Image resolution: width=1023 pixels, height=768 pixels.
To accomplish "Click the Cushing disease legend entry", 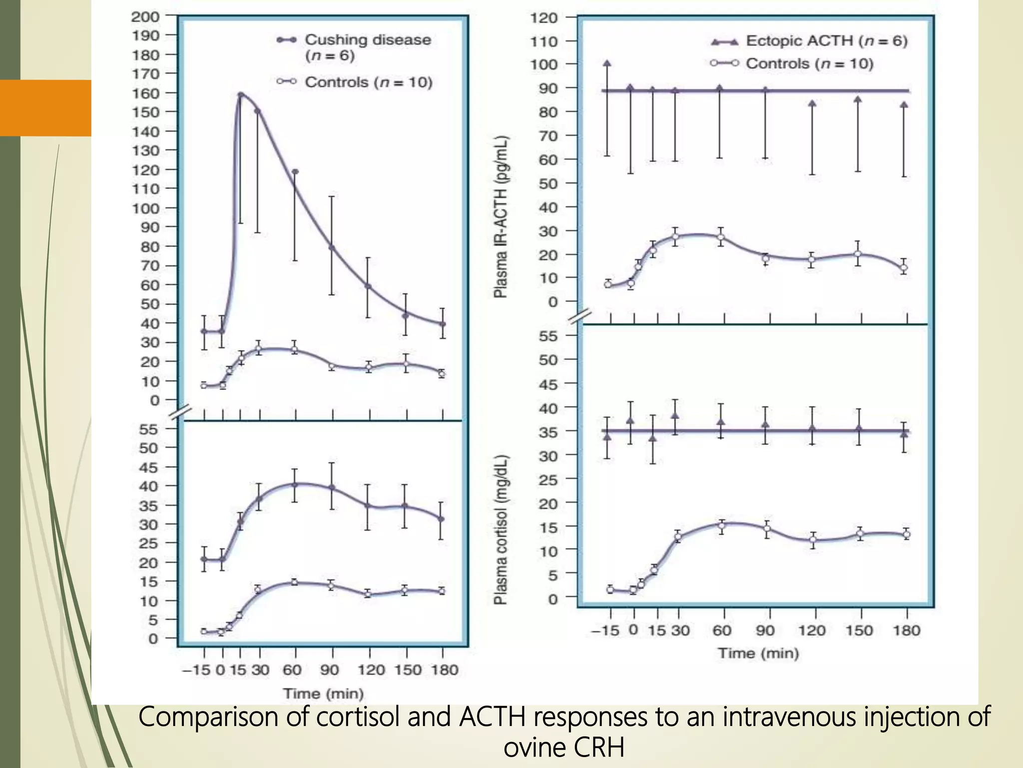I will pyautogui.click(x=367, y=40).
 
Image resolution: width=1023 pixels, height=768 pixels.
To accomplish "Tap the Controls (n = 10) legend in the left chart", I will pyautogui.click(x=368, y=82).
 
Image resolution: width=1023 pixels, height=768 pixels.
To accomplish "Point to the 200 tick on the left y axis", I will pyautogui.click(x=145, y=16).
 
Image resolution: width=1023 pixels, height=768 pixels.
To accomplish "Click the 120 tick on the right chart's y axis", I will pyautogui.click(x=544, y=17).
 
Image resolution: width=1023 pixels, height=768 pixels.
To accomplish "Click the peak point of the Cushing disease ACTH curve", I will pyautogui.click(x=240, y=94).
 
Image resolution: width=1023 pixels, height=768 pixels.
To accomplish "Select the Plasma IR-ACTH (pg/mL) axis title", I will pyautogui.click(x=501, y=216).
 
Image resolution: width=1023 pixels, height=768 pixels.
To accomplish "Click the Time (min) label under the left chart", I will pyautogui.click(x=323, y=693).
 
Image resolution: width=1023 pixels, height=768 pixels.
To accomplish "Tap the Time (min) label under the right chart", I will pyautogui.click(x=758, y=653).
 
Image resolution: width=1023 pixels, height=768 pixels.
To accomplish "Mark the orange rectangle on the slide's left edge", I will pyautogui.click(x=45, y=107).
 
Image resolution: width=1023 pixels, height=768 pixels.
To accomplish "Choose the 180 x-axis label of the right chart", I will pyautogui.click(x=906, y=630).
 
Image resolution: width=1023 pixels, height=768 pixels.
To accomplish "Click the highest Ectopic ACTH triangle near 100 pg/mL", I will pyautogui.click(x=607, y=63).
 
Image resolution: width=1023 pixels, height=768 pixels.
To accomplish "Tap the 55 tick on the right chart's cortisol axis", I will pyautogui.click(x=547, y=336).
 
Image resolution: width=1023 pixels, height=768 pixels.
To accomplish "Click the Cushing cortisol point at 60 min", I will pyautogui.click(x=295, y=484).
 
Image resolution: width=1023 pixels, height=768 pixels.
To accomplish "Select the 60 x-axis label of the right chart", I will pyautogui.click(x=722, y=630).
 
